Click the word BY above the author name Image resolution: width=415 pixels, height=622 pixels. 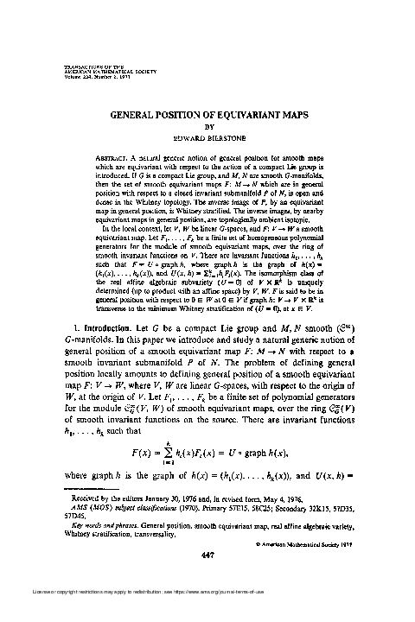pyautogui.click(x=208, y=124)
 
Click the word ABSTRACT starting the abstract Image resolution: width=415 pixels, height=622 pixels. pyautogui.click(x=119, y=155)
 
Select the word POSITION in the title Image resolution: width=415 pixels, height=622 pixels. pyautogui.click(x=187, y=113)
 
